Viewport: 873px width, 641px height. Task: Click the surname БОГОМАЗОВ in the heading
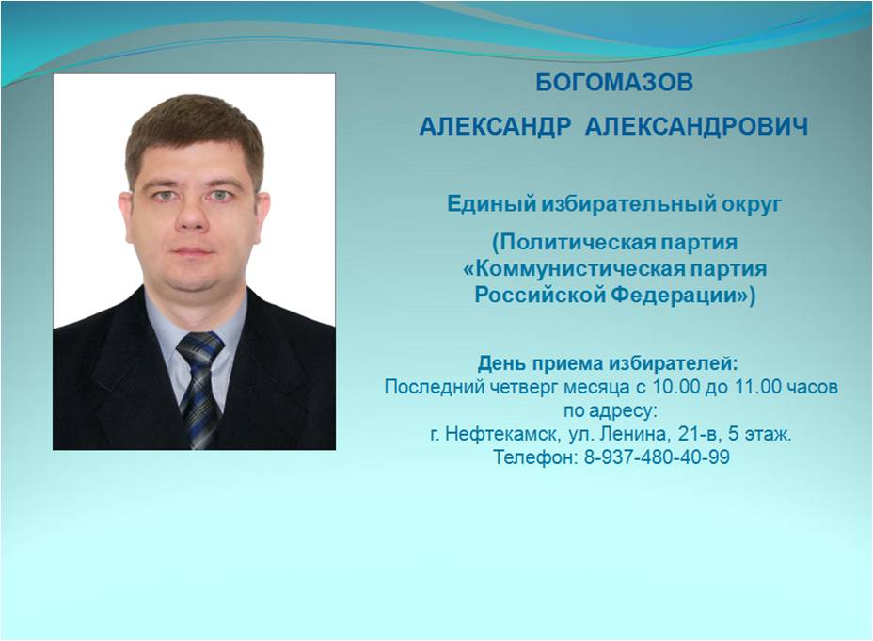tap(614, 83)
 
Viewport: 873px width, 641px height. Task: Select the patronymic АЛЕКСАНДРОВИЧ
tap(696, 126)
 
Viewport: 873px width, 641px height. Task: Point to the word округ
tap(752, 205)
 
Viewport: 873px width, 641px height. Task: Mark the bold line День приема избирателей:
tap(608, 363)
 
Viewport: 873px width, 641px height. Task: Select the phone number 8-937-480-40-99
tap(657, 457)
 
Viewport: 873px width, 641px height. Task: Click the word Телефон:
tap(535, 457)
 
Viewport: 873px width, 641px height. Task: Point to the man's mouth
tap(191, 251)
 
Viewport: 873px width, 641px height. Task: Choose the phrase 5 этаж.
tap(759, 434)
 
